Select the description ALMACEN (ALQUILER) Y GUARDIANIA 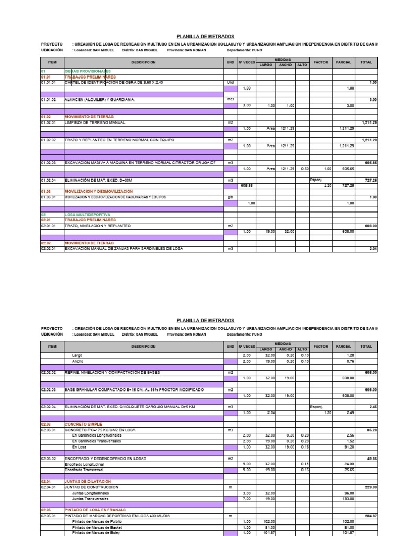(99, 99)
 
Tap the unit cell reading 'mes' (230, 99)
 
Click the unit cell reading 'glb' (230, 197)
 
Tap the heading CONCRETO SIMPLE (83, 424)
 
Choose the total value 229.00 (371, 487)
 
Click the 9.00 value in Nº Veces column (248, 470)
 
